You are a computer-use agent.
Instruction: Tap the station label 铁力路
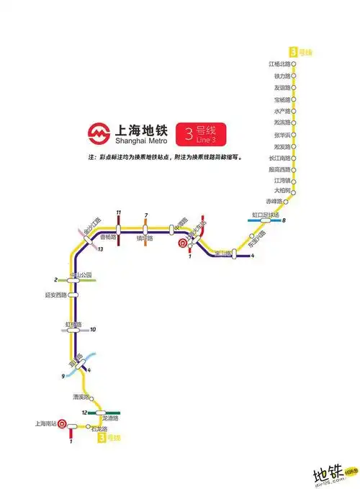[282, 76]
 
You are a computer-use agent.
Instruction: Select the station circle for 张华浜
[298, 135]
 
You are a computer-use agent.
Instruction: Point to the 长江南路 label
[279, 158]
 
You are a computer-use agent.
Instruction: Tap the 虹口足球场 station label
[264, 214]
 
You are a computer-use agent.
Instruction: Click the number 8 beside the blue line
[284, 220]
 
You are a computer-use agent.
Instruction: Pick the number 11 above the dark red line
[118, 210]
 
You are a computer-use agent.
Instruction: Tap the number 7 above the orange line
[145, 215]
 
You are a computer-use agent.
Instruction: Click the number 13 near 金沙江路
[102, 249]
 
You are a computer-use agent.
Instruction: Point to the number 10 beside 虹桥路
[93, 330]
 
